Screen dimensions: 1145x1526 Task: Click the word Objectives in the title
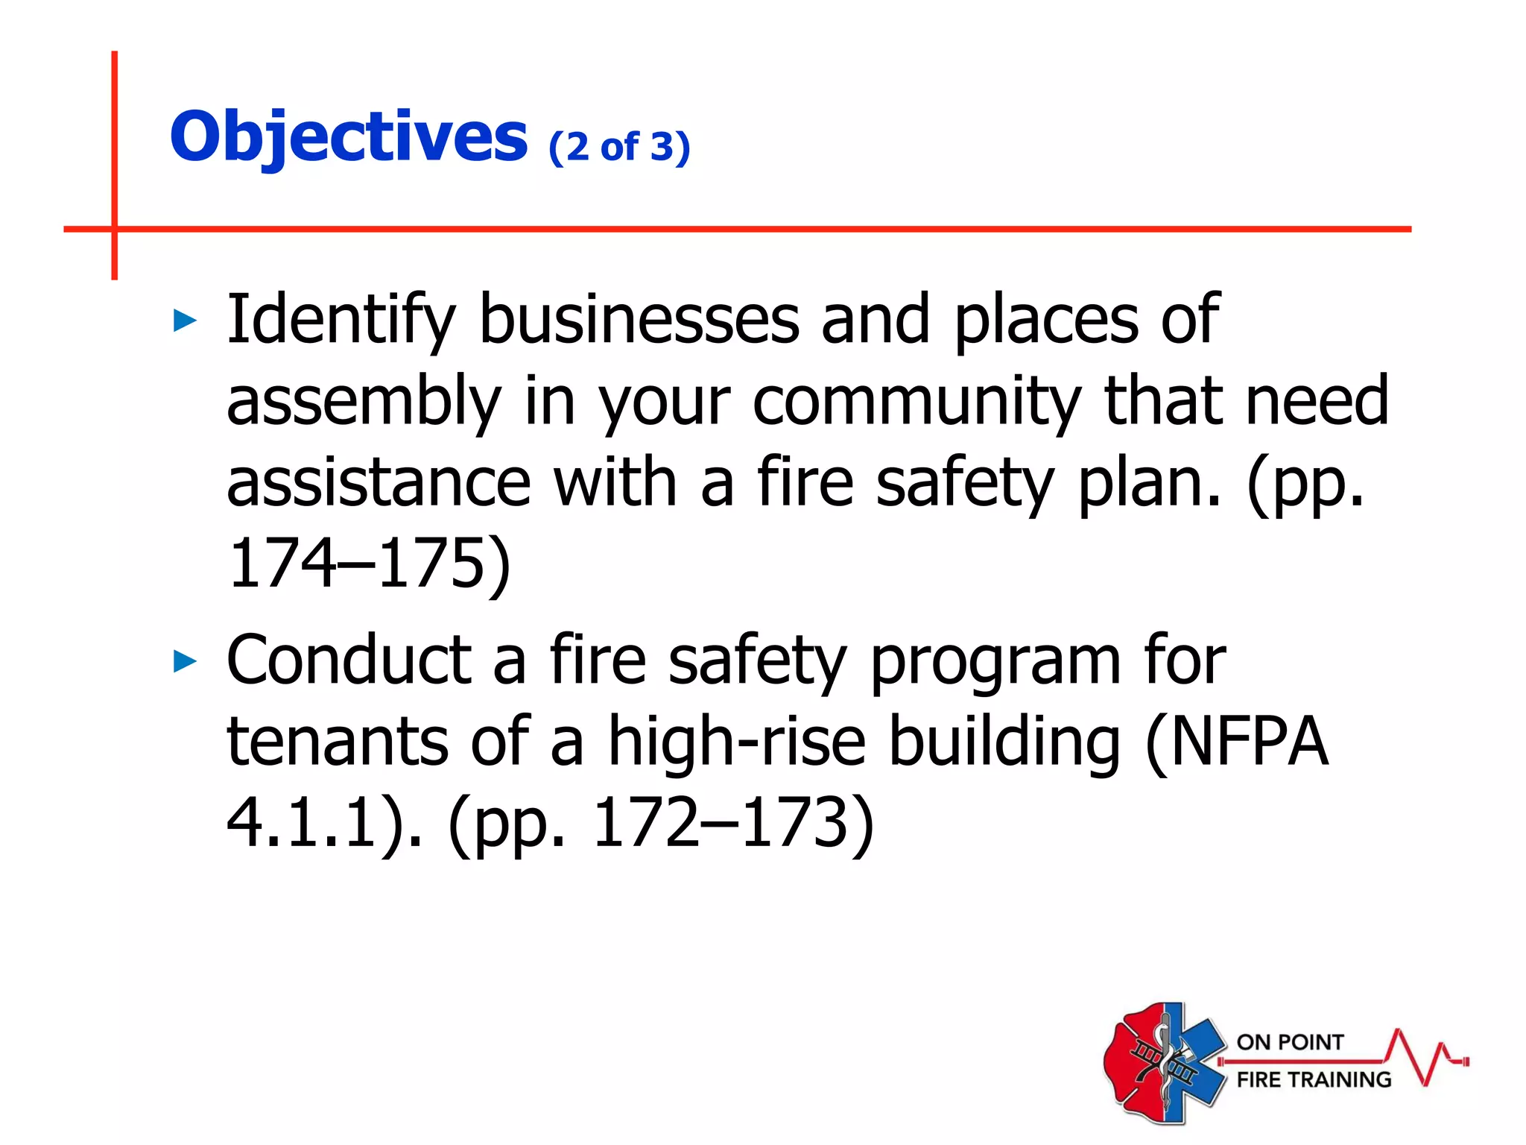[349, 136]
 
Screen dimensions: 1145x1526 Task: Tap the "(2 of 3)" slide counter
[619, 146]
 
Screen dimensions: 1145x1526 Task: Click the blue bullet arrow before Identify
[185, 321]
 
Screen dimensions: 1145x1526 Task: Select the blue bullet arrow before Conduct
[185, 660]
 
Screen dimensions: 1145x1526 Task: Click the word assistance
[378, 483]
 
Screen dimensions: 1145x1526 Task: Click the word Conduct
[349, 660]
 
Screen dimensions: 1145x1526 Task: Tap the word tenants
[338, 741]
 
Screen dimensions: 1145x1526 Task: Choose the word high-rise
[737, 741]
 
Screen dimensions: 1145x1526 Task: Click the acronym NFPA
[1249, 741]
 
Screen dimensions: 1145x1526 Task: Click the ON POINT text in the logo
[1290, 1042]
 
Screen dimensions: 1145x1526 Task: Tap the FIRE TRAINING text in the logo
[1314, 1079]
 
